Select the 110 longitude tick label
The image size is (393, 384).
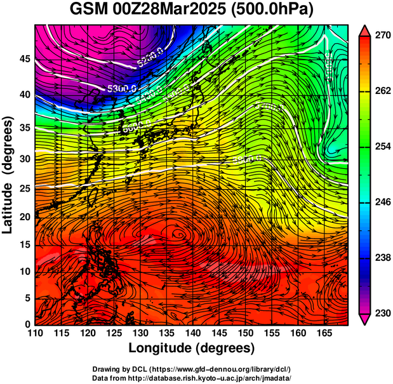[x=36, y=333]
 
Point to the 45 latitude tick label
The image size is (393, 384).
[x=23, y=59]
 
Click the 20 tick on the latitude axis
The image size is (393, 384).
[x=23, y=216]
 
